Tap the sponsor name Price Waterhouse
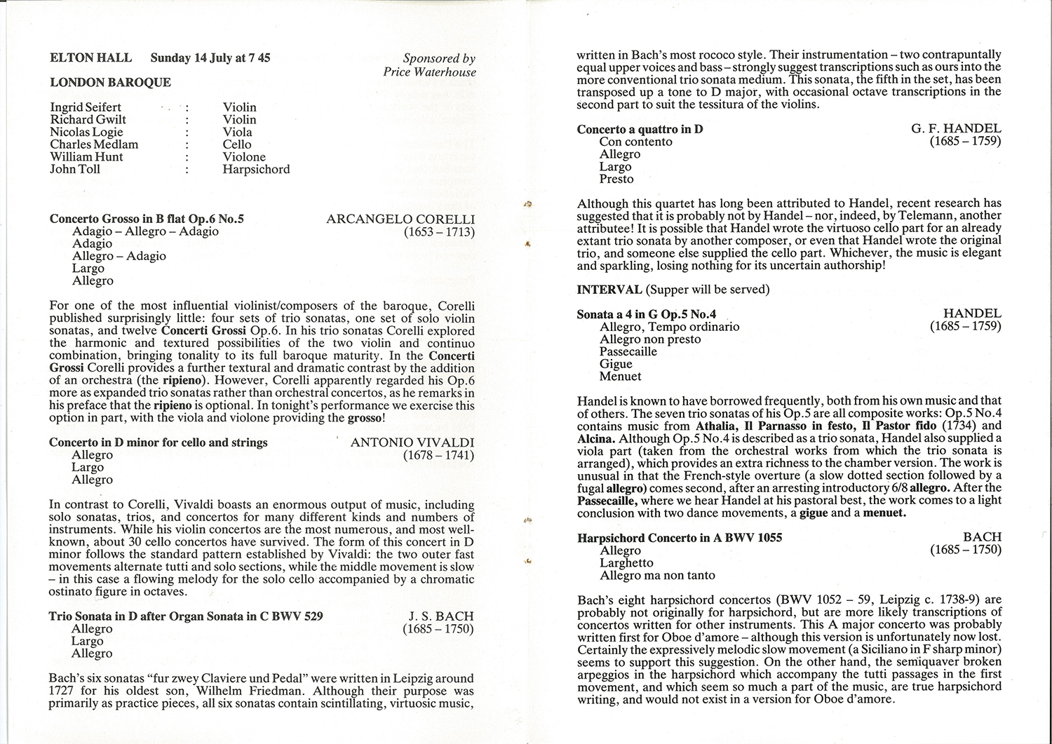[x=429, y=72]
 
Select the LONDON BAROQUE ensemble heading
[x=110, y=82]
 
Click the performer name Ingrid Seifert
[x=86, y=107]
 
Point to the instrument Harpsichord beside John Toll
[x=256, y=169]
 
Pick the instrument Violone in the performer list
[x=244, y=157]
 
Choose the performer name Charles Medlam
[x=94, y=144]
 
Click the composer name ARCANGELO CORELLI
[x=400, y=219]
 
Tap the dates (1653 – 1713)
[x=439, y=231]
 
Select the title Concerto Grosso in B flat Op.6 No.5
[x=147, y=219]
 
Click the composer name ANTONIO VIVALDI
[x=412, y=442]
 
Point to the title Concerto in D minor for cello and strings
[x=159, y=442]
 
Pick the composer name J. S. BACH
[x=441, y=616]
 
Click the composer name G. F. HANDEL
[x=956, y=129]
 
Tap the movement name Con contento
[x=635, y=142]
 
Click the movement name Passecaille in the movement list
[x=628, y=351]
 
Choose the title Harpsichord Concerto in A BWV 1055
[x=680, y=538]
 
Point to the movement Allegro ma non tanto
[x=657, y=575]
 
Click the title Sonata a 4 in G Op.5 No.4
[x=646, y=314]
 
